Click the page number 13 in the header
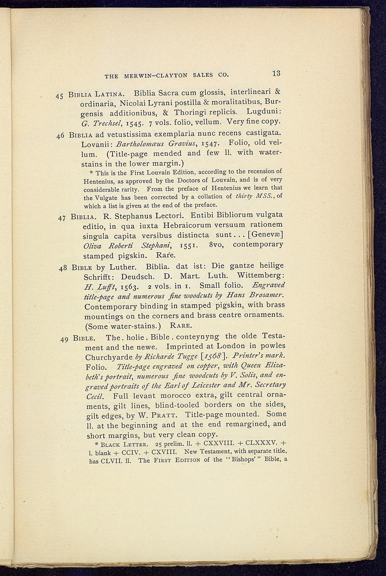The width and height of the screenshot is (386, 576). [276, 73]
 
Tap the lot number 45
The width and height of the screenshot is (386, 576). [60, 97]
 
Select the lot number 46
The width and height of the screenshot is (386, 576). [60, 137]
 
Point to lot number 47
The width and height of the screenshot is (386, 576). [61, 218]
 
